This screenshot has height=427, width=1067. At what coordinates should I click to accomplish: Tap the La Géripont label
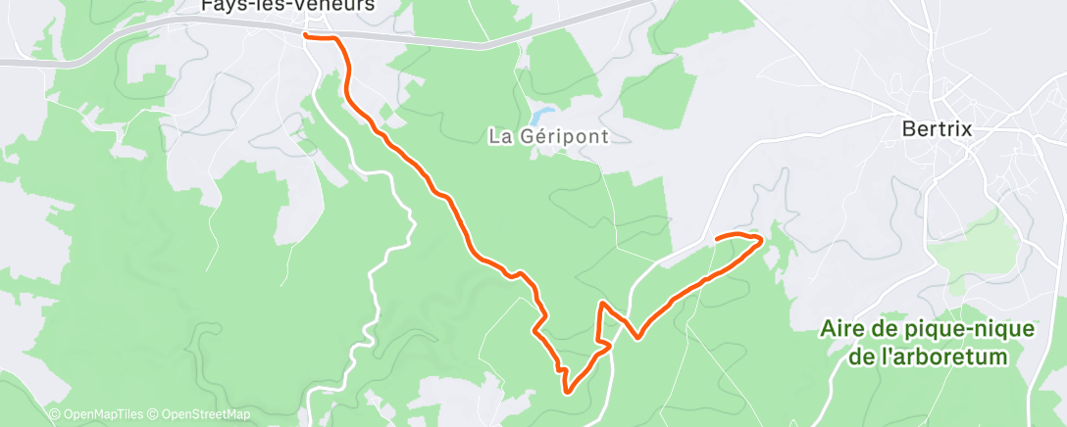click(x=548, y=137)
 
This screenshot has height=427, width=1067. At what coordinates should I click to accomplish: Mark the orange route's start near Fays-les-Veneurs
click(x=307, y=36)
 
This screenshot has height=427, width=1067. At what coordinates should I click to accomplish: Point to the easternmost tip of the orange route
click(x=762, y=238)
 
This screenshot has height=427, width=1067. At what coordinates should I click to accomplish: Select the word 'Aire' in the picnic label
click(x=842, y=330)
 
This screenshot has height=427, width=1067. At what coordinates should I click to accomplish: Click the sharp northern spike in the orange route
click(x=599, y=305)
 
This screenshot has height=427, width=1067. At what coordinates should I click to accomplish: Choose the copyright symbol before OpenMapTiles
click(x=55, y=414)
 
